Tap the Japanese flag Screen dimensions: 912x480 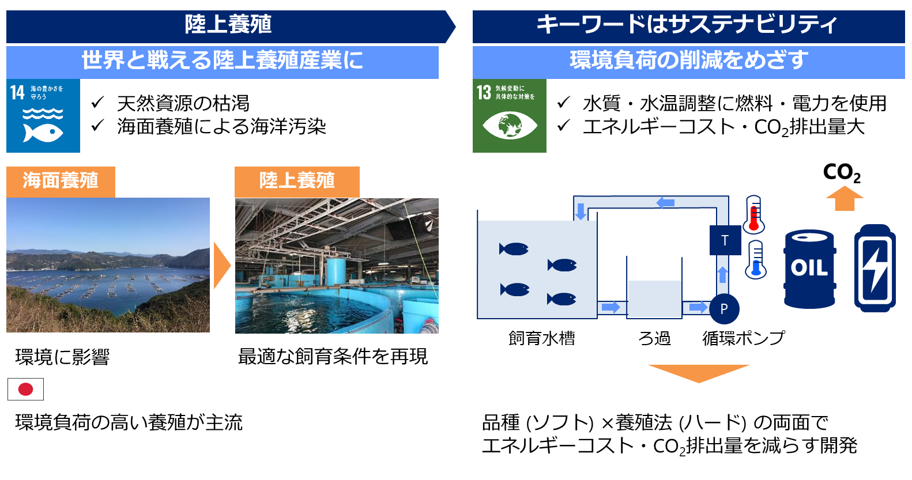click(x=25, y=389)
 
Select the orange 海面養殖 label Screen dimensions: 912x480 click(x=61, y=181)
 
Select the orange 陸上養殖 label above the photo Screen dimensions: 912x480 click(x=297, y=181)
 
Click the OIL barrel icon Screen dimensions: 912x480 click(x=809, y=269)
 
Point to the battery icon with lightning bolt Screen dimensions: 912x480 click(x=875, y=268)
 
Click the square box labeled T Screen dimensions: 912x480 click(x=725, y=240)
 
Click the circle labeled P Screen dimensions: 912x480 click(x=724, y=308)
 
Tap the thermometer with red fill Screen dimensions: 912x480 click(x=753, y=214)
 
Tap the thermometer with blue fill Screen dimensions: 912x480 click(x=756, y=260)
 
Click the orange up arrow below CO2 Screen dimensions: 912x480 click(x=845, y=199)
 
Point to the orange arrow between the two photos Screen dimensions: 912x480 click(x=222, y=265)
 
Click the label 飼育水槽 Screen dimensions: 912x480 click(x=541, y=338)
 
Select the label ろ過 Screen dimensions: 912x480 click(x=654, y=338)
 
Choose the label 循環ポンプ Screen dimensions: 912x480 click(x=744, y=338)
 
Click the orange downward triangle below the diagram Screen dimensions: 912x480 click(x=698, y=372)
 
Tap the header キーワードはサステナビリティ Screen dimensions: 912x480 click(x=688, y=25)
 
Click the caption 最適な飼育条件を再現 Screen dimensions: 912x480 click(x=333, y=357)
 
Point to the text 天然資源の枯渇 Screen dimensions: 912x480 click(x=183, y=104)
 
